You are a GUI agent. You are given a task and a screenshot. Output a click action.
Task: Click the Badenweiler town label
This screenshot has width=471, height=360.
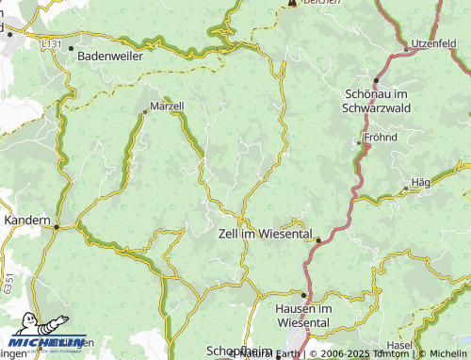point(114,56)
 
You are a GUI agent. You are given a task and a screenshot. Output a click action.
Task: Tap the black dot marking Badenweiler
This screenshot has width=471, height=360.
point(71,48)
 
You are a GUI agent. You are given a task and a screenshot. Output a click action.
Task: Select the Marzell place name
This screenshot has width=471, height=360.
point(167,108)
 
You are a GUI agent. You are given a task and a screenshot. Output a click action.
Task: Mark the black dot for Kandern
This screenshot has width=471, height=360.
point(57,226)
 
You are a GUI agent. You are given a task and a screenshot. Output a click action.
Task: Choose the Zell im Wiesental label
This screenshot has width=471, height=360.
point(265,233)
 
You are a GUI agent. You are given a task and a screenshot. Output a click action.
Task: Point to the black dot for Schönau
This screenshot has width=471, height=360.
point(377,81)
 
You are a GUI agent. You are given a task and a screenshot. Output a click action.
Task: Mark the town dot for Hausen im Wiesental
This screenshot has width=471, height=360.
point(303,295)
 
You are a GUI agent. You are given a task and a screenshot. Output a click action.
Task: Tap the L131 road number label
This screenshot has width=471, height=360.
point(51,43)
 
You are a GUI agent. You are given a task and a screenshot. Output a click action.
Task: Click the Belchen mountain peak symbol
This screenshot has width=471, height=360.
point(292,3)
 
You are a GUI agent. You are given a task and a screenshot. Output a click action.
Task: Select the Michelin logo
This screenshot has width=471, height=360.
point(47,340)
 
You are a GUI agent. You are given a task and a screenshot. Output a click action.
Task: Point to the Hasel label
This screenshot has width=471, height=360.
point(399,346)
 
